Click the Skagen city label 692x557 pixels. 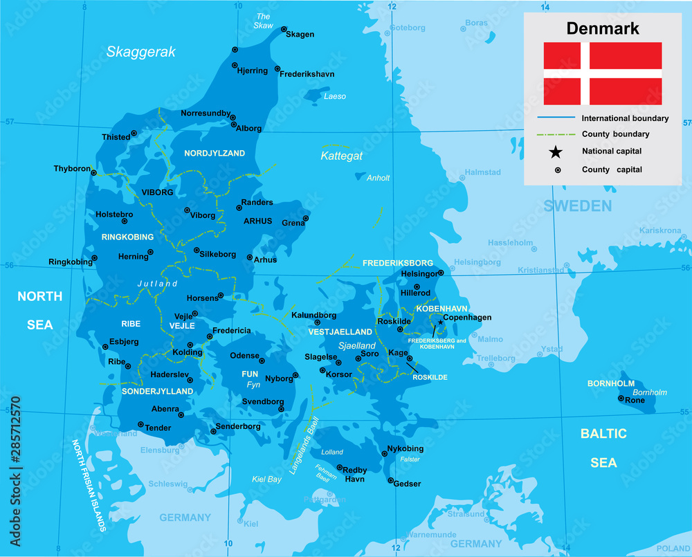point(300,35)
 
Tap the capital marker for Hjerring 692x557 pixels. point(235,49)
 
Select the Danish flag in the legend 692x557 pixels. point(602,73)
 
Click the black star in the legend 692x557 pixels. point(556,152)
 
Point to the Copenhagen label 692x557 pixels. point(467,318)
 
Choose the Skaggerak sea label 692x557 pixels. point(141,52)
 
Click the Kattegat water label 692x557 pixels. point(341,156)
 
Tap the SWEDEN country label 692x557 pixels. point(577,206)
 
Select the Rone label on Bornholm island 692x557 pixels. point(635,400)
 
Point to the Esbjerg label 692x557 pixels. point(125,342)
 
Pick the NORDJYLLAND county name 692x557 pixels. point(215,153)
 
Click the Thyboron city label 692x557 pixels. point(72,169)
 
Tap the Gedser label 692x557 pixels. point(407,484)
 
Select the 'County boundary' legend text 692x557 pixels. point(615,134)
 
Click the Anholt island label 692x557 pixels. point(378,178)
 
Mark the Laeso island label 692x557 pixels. point(335,96)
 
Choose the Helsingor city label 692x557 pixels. point(420,274)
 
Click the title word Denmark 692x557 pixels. point(602,28)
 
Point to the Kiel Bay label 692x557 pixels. point(266,479)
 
